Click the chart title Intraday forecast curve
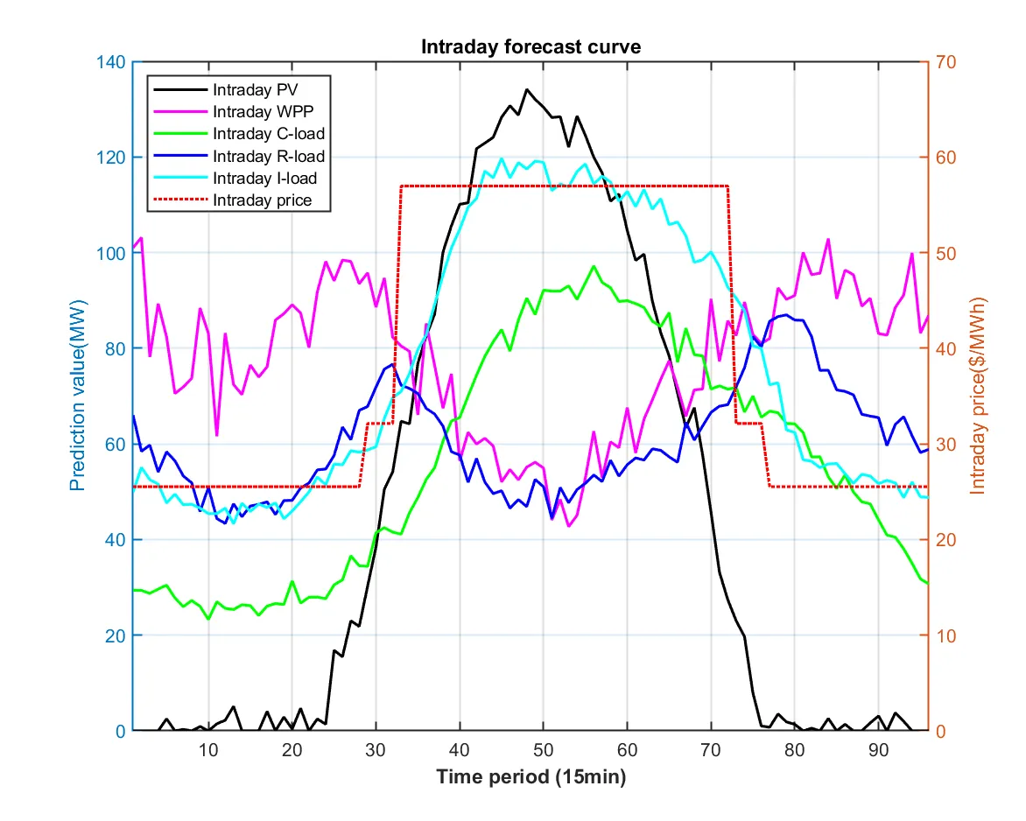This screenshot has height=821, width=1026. (531, 47)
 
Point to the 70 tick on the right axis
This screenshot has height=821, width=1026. (946, 62)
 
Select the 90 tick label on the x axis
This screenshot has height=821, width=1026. (877, 750)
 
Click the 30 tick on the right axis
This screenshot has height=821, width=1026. (946, 445)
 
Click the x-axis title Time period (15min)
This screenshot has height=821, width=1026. (531, 776)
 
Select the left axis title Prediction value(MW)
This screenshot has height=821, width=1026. (78, 396)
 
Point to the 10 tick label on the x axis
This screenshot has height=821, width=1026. (208, 750)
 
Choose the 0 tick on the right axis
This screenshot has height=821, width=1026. (942, 731)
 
